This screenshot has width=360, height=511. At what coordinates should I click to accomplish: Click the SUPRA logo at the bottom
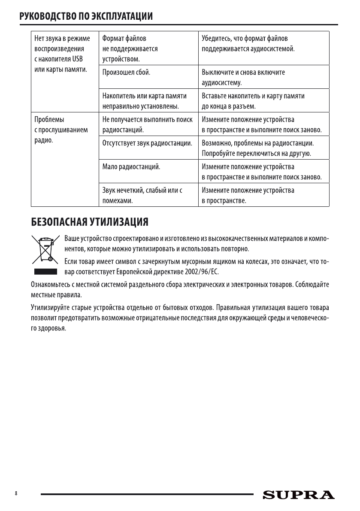[x=299, y=495]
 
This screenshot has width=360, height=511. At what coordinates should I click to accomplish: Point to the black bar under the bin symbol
[x=45, y=272]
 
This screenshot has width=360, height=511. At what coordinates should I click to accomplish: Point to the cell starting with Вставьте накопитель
[x=253, y=100]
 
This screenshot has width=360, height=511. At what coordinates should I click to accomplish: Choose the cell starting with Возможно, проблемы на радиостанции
[x=258, y=148]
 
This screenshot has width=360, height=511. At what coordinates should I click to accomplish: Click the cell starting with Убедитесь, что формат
[x=248, y=44]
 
